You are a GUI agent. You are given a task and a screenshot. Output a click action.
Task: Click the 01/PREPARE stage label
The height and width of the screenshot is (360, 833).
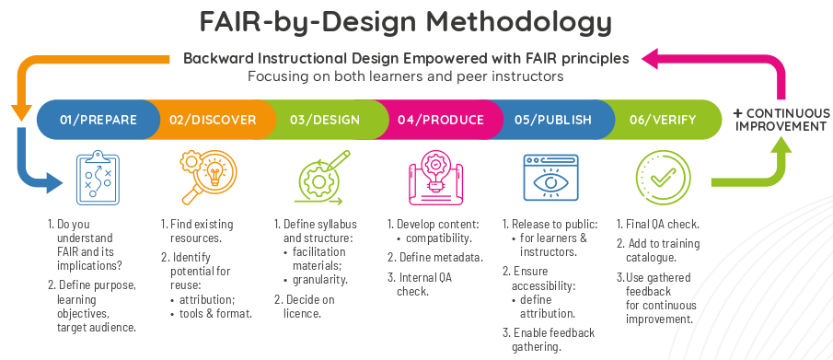[98, 120]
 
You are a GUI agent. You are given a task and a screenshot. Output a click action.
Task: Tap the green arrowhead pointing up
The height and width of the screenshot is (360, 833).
[781, 145]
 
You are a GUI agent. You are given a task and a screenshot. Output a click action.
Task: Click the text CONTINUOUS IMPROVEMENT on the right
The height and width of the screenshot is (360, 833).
[780, 120]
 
